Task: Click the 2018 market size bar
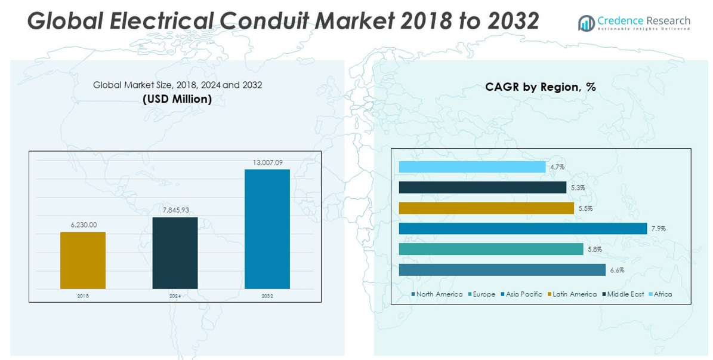click(x=83, y=260)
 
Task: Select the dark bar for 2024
click(x=175, y=253)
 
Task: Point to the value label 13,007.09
click(x=267, y=162)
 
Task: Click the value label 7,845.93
click(x=175, y=210)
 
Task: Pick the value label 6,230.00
click(x=83, y=224)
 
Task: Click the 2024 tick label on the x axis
click(x=175, y=296)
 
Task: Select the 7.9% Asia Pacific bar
click(x=523, y=229)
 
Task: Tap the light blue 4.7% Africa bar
click(x=472, y=167)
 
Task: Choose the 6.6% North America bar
click(x=502, y=270)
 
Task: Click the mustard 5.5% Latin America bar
click(x=486, y=208)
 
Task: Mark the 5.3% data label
click(x=578, y=188)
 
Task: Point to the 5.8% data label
click(x=594, y=250)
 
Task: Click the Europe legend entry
click(x=483, y=294)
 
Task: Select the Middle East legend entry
click(x=625, y=294)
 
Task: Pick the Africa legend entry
click(x=662, y=294)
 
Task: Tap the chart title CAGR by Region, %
click(x=541, y=87)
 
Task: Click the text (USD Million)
click(x=177, y=99)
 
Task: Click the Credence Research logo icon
click(x=586, y=23)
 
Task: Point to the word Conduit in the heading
click(x=266, y=21)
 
